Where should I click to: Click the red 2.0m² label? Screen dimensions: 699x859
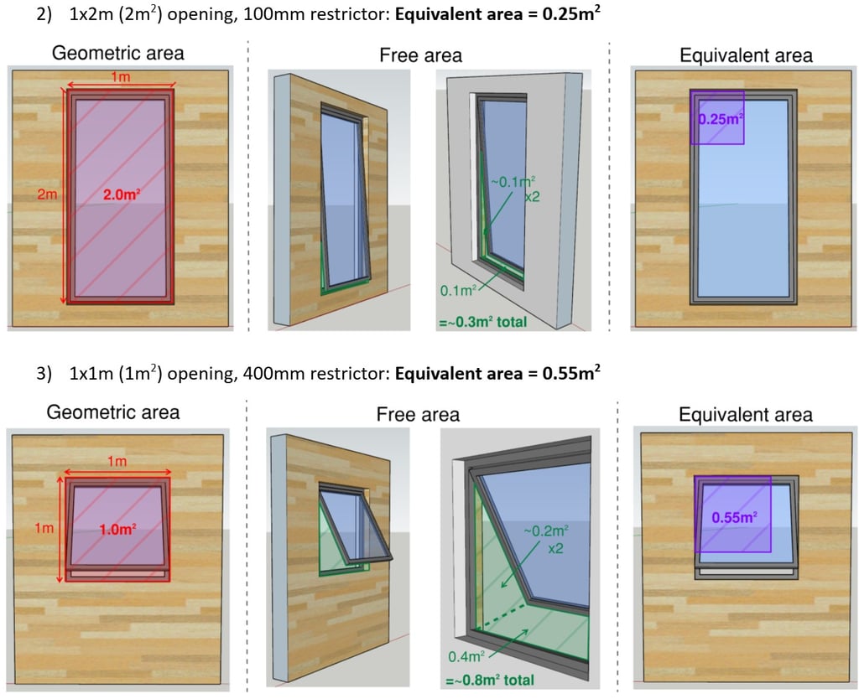(121, 194)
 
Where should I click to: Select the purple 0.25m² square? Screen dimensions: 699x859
(717, 118)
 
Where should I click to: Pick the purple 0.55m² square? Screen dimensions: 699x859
(733, 515)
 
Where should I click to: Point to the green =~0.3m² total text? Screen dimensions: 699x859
(482, 321)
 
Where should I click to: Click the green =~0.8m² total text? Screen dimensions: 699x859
(491, 680)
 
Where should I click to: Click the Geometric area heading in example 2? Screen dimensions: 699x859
(118, 54)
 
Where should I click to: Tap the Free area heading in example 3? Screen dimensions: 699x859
(418, 414)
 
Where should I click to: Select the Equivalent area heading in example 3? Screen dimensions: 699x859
(745, 414)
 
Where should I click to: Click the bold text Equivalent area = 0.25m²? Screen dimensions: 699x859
(498, 15)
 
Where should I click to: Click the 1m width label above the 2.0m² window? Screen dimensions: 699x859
(120, 77)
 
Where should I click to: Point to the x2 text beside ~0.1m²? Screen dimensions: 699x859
(532, 199)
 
